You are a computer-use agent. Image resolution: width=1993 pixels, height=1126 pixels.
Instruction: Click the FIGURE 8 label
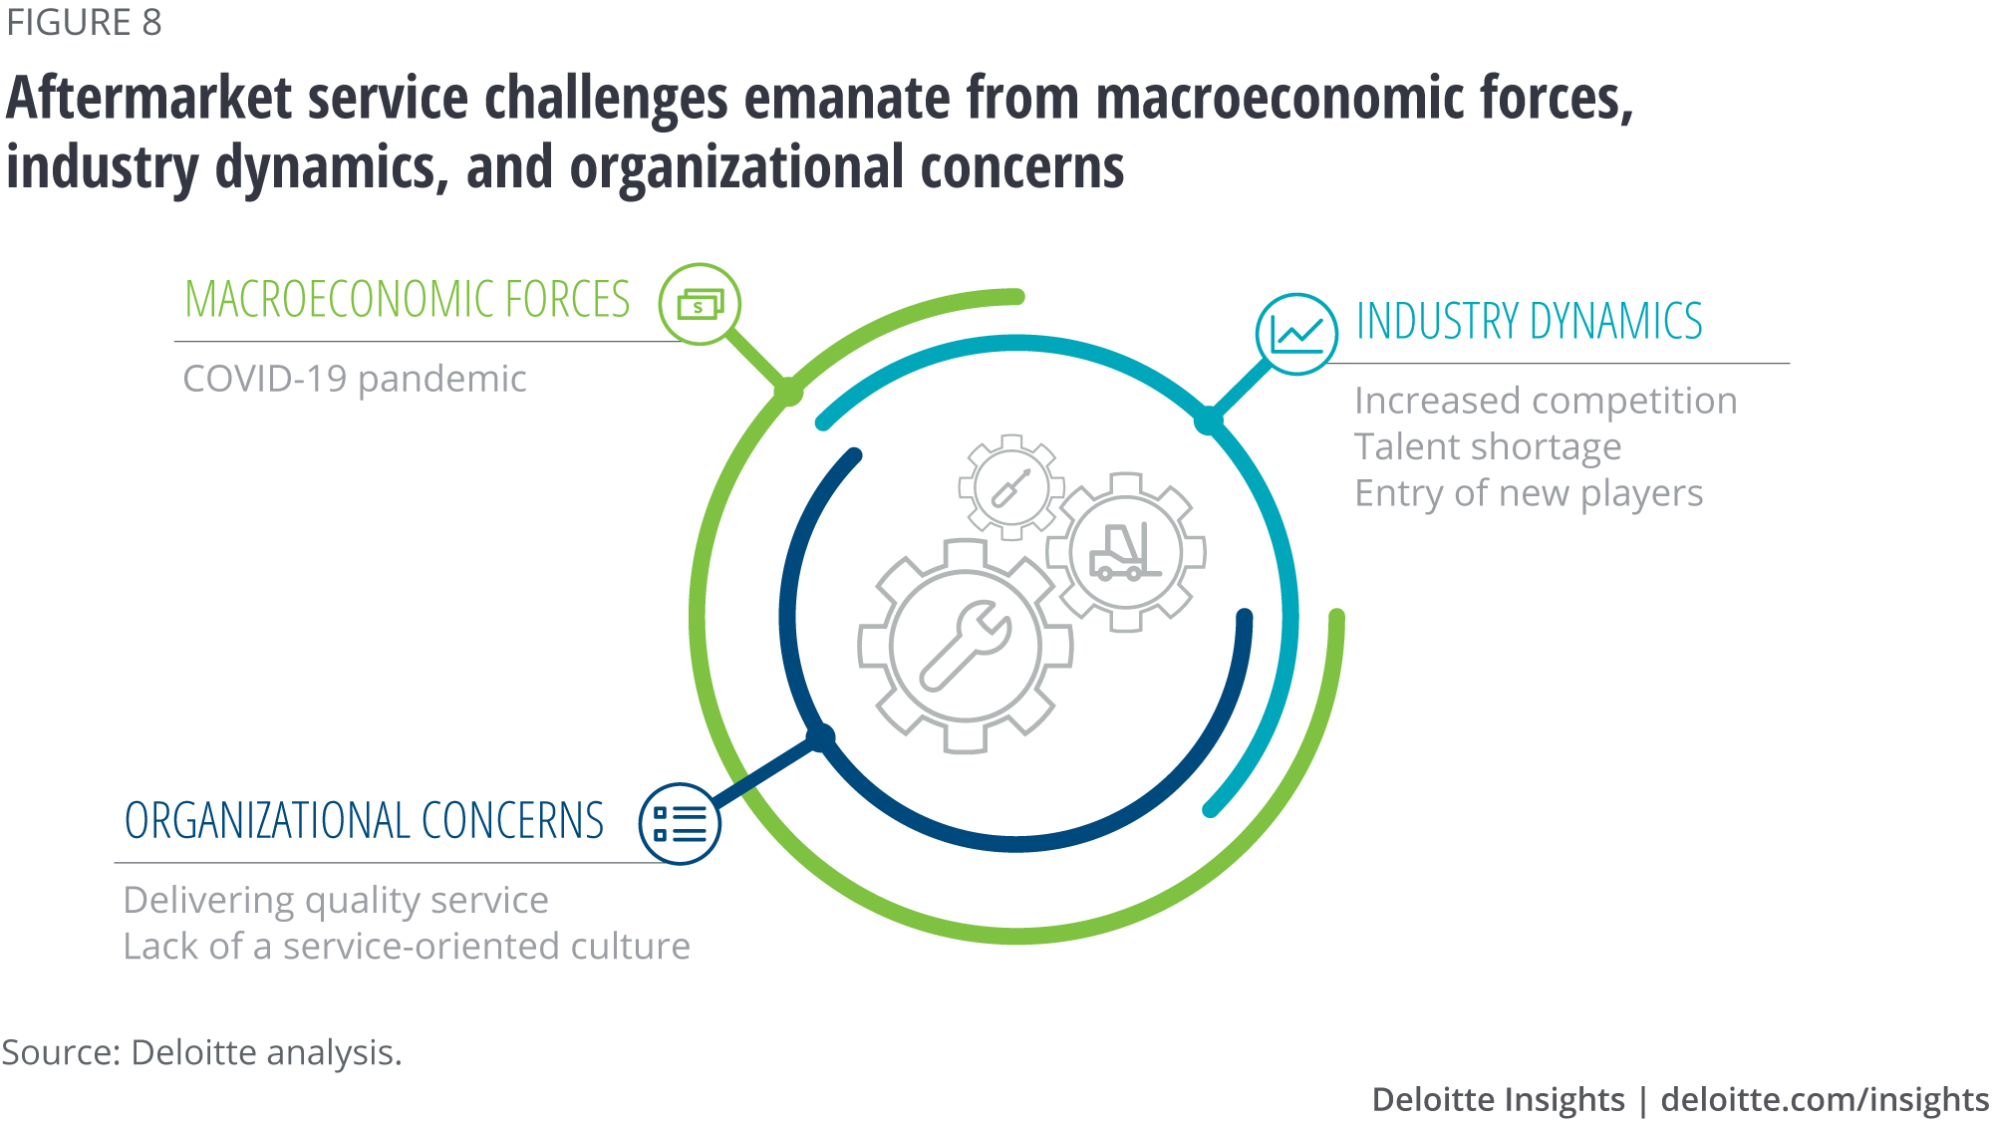point(84,23)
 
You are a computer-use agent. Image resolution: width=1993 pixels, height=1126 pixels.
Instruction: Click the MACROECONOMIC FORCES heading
point(408,299)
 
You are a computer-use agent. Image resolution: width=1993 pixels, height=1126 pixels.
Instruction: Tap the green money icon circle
point(700,304)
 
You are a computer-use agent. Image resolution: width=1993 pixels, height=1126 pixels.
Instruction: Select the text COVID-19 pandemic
point(355,380)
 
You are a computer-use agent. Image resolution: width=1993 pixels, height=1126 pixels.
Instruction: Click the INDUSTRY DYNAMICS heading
point(1530,321)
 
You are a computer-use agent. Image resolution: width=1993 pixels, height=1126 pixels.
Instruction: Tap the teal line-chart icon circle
point(1296,334)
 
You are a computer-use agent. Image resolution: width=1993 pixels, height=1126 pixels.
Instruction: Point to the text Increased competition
point(1546,401)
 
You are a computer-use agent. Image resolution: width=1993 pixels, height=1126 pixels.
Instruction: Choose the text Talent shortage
point(1488,446)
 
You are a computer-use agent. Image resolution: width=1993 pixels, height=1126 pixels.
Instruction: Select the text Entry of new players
point(1529,493)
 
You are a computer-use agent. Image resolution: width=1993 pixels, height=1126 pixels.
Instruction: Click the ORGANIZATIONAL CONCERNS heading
point(364,821)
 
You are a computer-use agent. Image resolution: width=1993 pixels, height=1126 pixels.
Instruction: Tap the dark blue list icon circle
point(680,824)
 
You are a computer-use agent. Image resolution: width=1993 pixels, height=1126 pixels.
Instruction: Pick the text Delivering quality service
point(336,901)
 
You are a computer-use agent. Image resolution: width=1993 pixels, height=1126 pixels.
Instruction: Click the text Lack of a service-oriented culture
point(407,947)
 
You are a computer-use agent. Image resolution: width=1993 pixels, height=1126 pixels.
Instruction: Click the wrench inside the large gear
point(965,646)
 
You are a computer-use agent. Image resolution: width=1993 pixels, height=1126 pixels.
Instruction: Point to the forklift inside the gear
point(1125,552)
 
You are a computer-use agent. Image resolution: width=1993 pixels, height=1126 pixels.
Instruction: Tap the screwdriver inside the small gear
point(1011,487)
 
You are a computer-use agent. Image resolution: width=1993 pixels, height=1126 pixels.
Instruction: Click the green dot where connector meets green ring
point(788,392)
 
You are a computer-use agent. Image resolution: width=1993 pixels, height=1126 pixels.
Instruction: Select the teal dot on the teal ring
point(1209,421)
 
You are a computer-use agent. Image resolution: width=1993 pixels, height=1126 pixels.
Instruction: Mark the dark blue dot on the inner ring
point(820,738)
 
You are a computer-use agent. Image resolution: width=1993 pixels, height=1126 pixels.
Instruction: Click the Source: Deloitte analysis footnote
point(201,1053)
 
